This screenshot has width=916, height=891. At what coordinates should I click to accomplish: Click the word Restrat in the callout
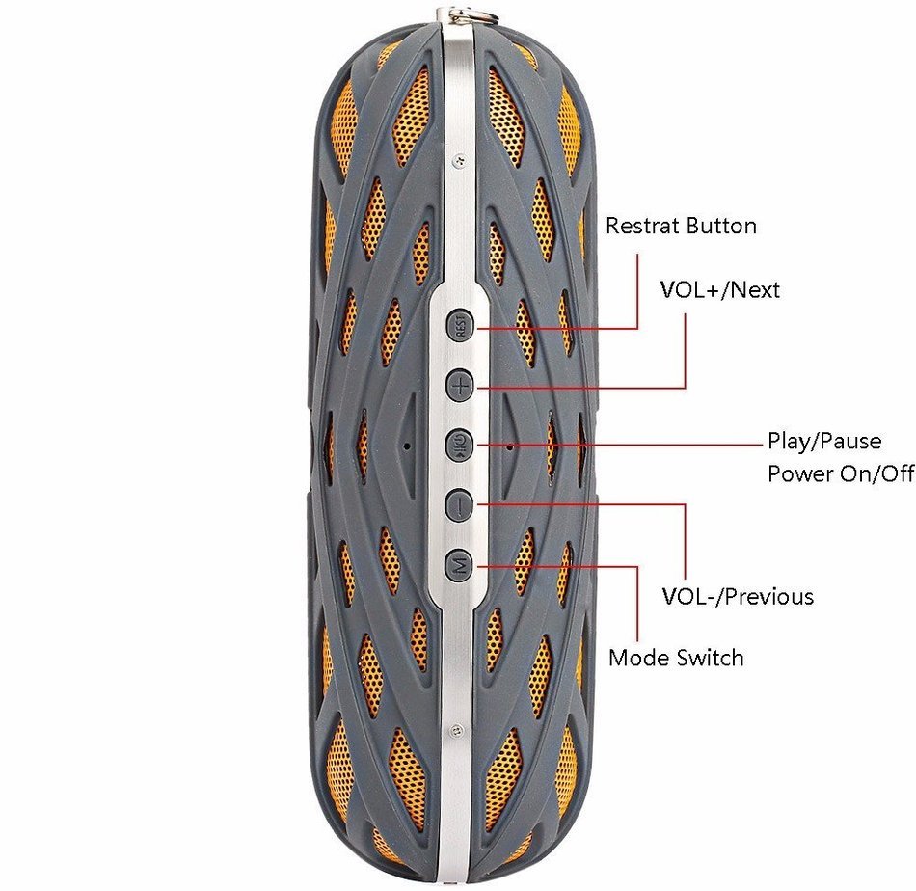click(x=642, y=226)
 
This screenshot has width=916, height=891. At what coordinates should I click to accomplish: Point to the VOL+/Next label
click(x=719, y=290)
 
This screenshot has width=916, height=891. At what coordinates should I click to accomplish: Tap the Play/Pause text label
click(x=824, y=441)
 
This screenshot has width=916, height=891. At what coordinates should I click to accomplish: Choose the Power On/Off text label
click(x=841, y=473)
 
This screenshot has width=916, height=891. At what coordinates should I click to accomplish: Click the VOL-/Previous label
click(x=738, y=597)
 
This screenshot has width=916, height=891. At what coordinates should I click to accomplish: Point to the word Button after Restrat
click(x=721, y=226)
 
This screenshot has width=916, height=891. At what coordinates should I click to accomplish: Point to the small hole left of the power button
click(x=407, y=446)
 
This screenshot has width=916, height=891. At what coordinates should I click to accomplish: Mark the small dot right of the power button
click(x=510, y=447)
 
